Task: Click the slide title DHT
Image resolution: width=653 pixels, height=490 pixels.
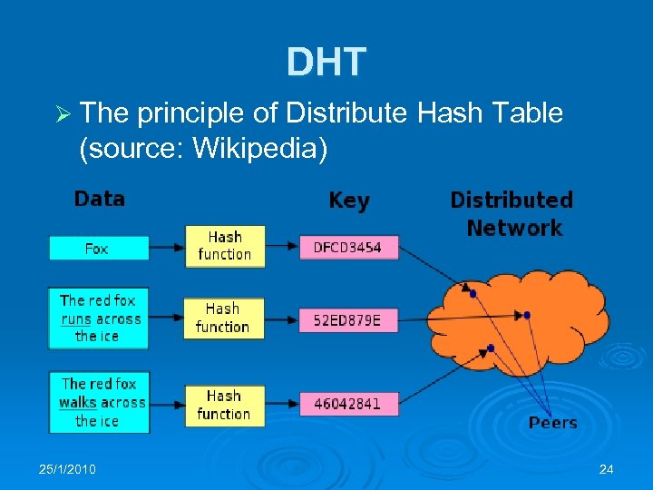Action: click(x=326, y=62)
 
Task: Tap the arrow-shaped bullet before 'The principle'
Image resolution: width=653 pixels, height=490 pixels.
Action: click(x=62, y=115)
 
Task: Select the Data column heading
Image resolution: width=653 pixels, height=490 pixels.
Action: click(x=100, y=199)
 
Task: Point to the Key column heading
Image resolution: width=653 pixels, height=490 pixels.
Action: click(x=349, y=201)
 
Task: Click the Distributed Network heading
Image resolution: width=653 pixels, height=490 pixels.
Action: click(x=512, y=213)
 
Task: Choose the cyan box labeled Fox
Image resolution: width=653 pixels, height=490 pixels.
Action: click(x=98, y=248)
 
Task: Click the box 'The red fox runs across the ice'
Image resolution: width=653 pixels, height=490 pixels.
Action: click(x=98, y=318)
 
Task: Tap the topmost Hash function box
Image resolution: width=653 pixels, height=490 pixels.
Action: click(x=224, y=246)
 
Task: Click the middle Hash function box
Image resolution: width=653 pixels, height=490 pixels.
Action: click(x=222, y=318)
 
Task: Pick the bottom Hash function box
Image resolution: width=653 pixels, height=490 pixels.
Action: click(x=223, y=405)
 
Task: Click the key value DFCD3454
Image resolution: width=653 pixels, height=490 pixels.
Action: click(x=348, y=247)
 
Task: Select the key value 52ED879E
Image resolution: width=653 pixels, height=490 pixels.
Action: click(x=348, y=319)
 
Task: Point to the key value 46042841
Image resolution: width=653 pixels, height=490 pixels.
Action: click(x=348, y=404)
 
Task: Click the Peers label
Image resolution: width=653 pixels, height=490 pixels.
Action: click(x=552, y=423)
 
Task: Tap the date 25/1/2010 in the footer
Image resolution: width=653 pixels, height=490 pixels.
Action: click(x=68, y=469)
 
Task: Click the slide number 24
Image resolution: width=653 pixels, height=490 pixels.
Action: click(x=607, y=469)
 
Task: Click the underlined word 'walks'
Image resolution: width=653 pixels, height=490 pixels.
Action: click(x=78, y=402)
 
